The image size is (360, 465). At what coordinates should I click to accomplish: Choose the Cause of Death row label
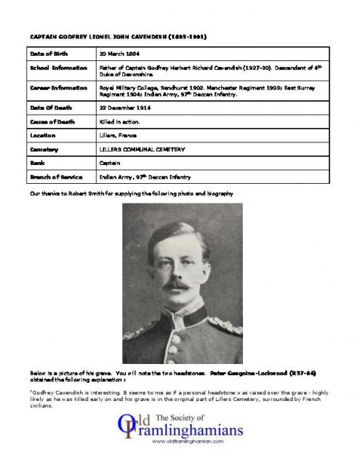50,121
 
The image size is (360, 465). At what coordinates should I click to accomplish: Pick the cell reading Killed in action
119,121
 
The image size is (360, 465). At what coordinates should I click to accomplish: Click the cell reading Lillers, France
119,135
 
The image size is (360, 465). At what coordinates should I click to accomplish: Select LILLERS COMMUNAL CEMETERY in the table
142,149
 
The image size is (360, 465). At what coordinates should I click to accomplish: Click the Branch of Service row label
55,177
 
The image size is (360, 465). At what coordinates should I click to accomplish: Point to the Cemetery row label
43,149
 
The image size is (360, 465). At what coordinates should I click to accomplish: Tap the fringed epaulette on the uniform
224,323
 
